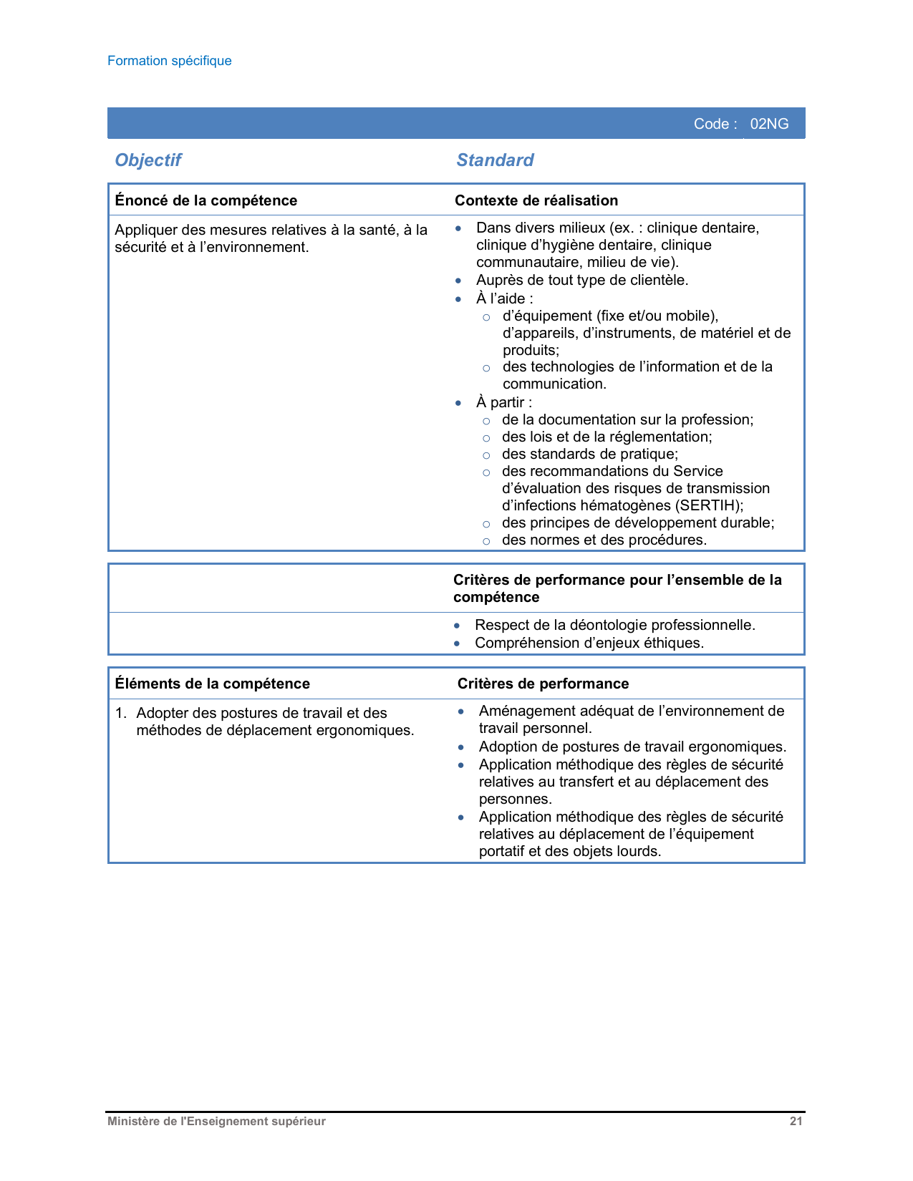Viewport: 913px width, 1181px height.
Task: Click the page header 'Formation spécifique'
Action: (x=170, y=61)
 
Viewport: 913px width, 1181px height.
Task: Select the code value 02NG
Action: (x=769, y=124)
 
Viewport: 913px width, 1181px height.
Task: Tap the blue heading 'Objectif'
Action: (x=148, y=160)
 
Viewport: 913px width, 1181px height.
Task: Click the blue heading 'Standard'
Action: (x=495, y=160)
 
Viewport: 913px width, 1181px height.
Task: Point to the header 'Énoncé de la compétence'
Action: (x=206, y=200)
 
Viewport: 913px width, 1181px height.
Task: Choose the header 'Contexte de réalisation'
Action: (x=536, y=200)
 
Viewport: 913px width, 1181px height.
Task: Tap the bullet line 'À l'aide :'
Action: (x=504, y=298)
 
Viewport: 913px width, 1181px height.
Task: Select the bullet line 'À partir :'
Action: (x=503, y=402)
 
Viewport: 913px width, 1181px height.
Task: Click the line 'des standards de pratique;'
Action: (x=589, y=454)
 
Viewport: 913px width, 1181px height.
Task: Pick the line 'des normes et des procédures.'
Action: (x=604, y=540)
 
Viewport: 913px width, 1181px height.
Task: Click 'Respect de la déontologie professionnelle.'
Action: (x=614, y=625)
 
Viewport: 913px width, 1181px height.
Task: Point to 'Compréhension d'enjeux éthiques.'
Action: (x=589, y=643)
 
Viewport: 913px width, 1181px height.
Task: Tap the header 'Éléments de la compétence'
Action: (x=213, y=684)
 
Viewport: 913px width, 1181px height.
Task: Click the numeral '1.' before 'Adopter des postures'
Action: (x=121, y=713)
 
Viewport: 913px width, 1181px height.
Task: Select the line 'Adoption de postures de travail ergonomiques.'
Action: (x=632, y=747)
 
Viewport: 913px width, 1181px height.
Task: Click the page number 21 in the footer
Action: (x=796, y=1122)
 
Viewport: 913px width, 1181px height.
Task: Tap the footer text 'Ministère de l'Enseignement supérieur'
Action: (x=216, y=1122)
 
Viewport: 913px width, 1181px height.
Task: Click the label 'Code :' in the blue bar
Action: (x=715, y=124)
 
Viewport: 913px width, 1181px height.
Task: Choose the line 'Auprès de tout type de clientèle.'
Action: (x=581, y=280)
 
